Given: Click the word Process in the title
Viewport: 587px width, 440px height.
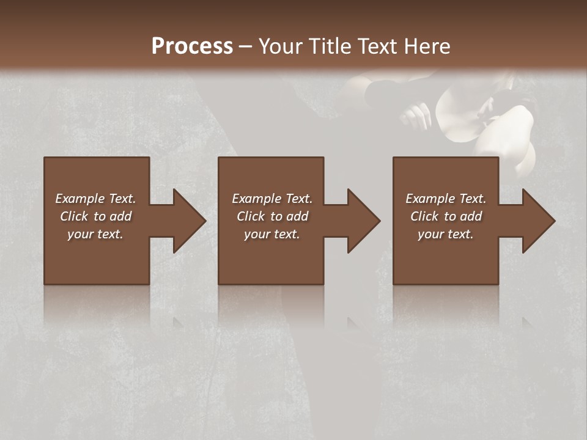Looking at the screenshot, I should point(192,46).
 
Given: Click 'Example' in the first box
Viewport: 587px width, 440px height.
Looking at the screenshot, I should point(80,199).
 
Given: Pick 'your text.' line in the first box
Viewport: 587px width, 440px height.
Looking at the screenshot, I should point(95,234).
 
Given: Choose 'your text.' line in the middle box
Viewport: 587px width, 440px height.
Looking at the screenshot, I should point(272,234).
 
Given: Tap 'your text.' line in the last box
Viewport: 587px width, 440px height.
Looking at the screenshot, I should point(446,234).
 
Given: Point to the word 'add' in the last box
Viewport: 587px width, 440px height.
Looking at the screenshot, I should point(471,216).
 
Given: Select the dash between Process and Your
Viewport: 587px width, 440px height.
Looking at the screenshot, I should point(246,47).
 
